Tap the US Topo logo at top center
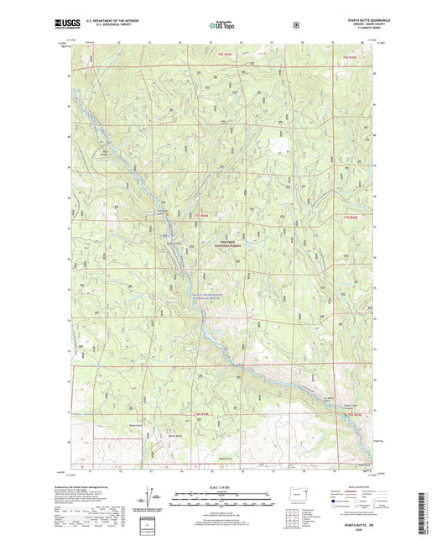pyautogui.click(x=223, y=26)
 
